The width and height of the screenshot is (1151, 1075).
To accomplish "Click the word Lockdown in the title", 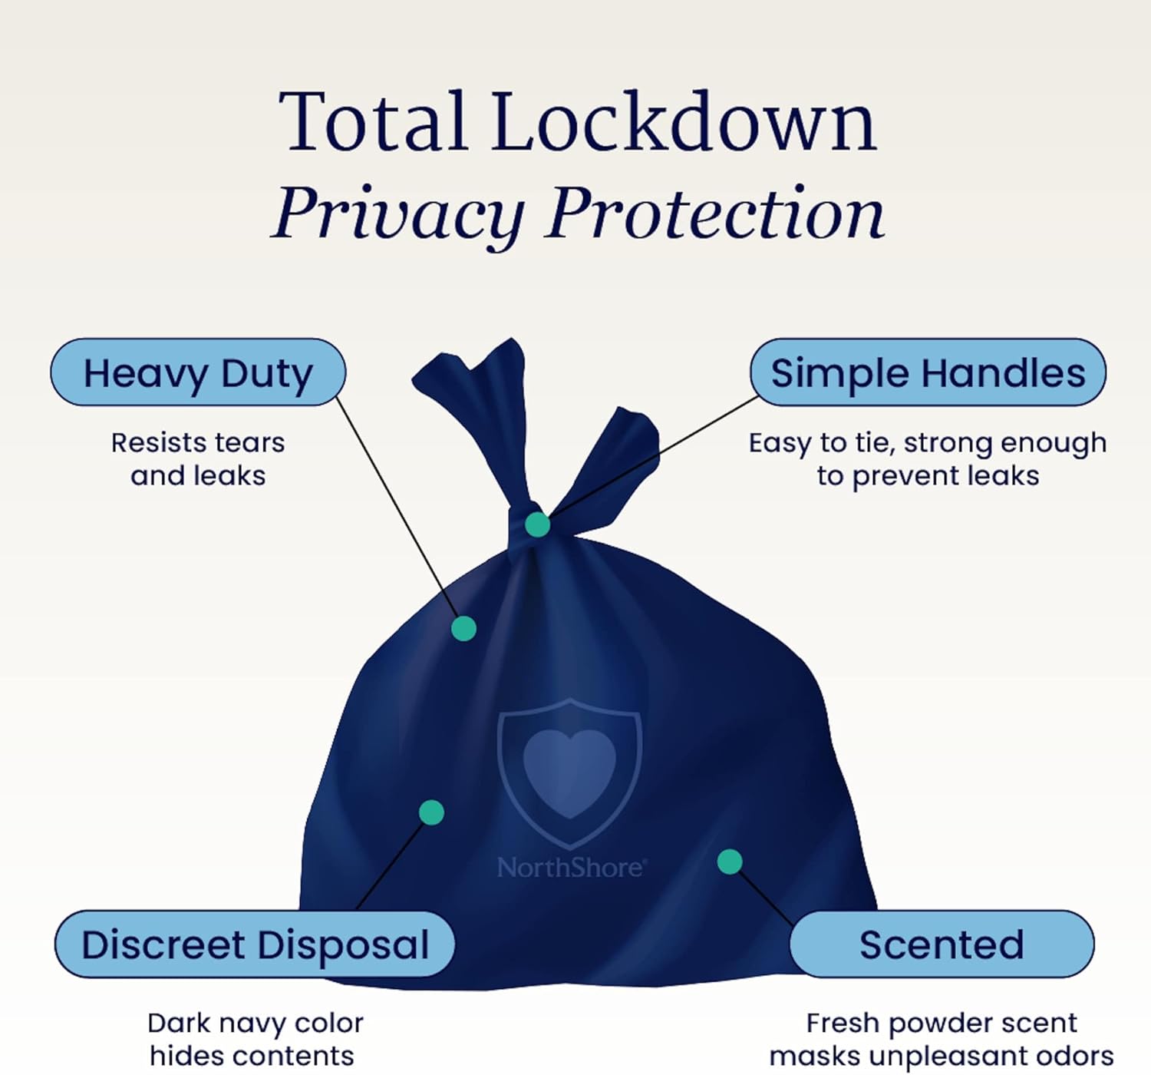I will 684,123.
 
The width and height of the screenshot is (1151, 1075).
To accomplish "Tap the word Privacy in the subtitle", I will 399,213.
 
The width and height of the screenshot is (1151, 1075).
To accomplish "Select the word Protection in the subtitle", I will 715,213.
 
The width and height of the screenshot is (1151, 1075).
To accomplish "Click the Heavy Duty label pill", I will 198,373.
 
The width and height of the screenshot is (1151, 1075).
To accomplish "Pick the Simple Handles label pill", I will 928,373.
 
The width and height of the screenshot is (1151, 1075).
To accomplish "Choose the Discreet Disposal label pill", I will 255,944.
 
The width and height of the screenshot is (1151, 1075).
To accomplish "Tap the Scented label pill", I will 942,944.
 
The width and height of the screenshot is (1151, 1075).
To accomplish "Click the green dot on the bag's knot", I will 537,524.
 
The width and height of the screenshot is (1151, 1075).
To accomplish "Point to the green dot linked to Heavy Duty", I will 463,628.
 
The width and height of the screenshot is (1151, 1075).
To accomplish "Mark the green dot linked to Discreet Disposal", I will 431,812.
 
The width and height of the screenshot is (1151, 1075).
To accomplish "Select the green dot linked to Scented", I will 730,862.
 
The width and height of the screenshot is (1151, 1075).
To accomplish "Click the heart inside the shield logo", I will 569,768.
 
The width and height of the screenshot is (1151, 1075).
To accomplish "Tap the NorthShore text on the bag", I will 571,868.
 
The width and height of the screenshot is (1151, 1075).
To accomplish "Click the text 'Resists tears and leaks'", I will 198,459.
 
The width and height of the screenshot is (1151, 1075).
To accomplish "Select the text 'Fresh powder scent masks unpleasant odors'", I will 942,1039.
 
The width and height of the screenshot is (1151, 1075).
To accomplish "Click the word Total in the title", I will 374,123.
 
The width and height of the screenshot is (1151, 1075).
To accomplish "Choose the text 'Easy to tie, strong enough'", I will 928,443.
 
